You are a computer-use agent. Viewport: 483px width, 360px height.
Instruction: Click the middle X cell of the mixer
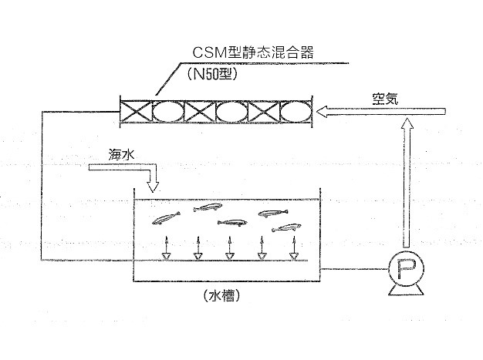(200, 112)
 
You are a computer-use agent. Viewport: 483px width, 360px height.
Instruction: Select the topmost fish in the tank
(207, 207)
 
